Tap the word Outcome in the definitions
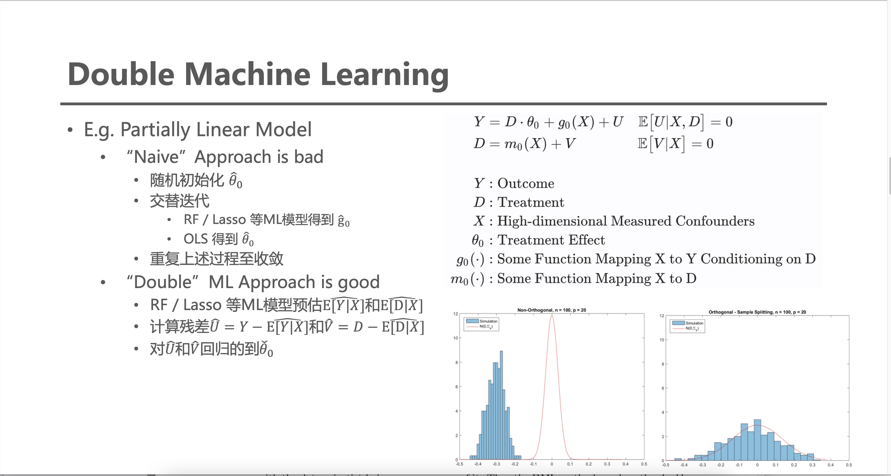tap(525, 184)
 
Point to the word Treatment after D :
tap(531, 202)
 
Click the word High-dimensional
tap(549, 221)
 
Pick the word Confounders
tap(715, 221)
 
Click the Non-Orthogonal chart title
tap(551, 310)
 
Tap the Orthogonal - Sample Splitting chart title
tap(757, 312)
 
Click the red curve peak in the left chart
tap(552, 315)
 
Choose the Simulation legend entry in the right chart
tap(694, 323)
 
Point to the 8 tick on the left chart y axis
tap(456, 362)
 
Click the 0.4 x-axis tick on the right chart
tap(831, 465)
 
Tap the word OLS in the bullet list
tap(195, 239)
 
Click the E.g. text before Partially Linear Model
tap(99, 130)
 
